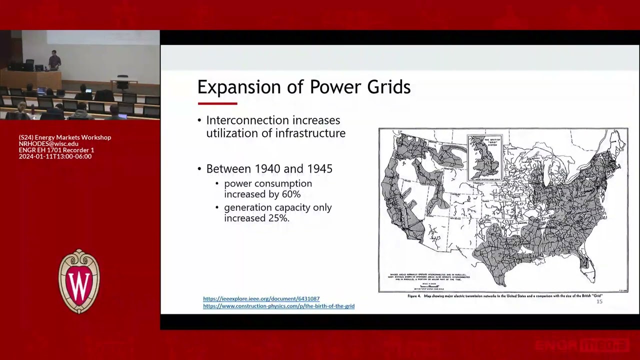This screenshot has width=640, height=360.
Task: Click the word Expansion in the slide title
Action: click(x=234, y=87)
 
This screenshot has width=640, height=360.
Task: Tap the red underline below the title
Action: click(x=217, y=103)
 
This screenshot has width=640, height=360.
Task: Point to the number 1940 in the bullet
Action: click(x=268, y=169)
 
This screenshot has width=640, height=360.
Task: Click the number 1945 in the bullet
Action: click(x=318, y=169)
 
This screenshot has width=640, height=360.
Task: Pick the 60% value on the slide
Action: click(x=291, y=194)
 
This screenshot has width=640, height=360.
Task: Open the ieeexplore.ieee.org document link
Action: click(x=261, y=298)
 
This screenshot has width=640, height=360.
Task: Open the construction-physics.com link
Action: click(x=278, y=306)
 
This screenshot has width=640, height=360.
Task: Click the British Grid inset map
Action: click(x=484, y=157)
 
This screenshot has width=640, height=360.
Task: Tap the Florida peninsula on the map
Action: click(x=588, y=265)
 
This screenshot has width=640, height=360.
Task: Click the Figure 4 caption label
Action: click(x=414, y=296)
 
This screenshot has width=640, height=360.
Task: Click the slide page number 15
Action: click(x=599, y=301)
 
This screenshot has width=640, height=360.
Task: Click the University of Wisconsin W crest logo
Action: click(x=79, y=281)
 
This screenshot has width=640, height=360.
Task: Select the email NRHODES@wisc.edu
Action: click(x=48, y=143)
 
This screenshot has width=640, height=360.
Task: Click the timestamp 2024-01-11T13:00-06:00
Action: click(x=55, y=156)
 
